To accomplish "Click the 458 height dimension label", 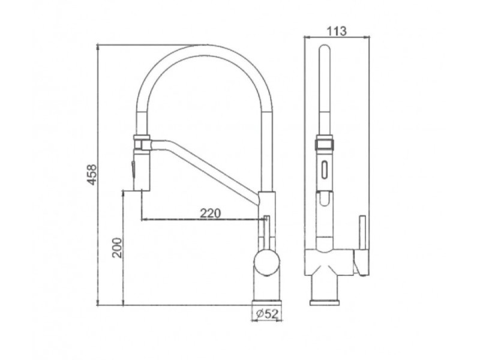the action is point(92,175).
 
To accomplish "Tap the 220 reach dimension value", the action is point(211,213).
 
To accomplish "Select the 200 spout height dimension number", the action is point(117,247).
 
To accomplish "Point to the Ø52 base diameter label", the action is point(268,313).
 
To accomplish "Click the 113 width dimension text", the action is point(337,31).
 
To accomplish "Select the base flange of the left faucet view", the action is point(266,302).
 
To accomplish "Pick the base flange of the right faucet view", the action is point(325,303).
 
